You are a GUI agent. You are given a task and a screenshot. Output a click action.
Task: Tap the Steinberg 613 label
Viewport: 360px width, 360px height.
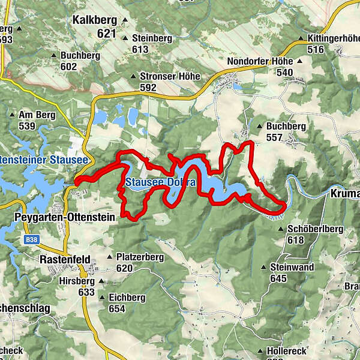pyautogui.click(x=152, y=43)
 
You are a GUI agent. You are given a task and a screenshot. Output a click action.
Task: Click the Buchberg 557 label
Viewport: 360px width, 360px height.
pyautogui.click(x=286, y=131)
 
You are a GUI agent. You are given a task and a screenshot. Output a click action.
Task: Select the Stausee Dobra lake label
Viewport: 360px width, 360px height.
pyautogui.click(x=160, y=182)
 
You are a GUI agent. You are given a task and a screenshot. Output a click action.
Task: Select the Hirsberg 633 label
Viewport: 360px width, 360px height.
pyautogui.click(x=78, y=286)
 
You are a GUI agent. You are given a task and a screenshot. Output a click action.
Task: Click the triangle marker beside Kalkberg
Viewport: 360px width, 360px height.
pyautogui.click(x=125, y=20)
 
